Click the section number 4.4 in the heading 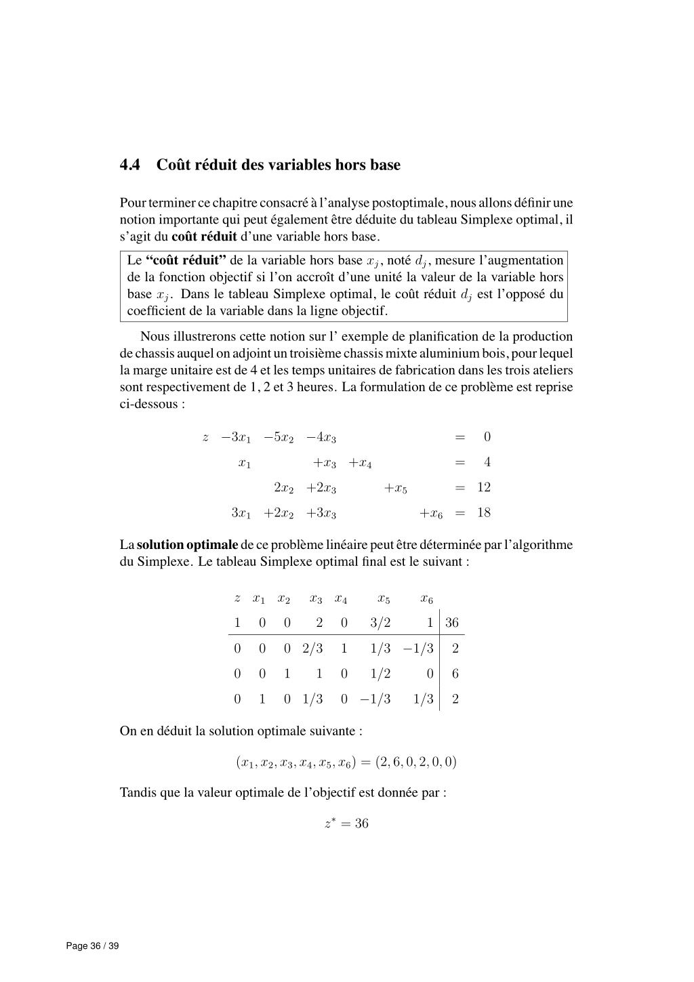(129, 165)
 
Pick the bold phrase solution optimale (187, 545)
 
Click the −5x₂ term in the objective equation (279, 438)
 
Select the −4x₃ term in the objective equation (321, 438)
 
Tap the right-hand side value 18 (483, 513)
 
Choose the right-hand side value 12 (483, 488)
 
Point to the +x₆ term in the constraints (431, 514)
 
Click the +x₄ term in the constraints (360, 464)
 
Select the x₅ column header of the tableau (384, 599)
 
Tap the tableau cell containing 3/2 (380, 623)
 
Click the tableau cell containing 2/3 (312, 649)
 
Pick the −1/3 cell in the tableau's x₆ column (418, 649)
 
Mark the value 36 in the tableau (452, 623)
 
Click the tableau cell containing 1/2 (380, 674)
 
